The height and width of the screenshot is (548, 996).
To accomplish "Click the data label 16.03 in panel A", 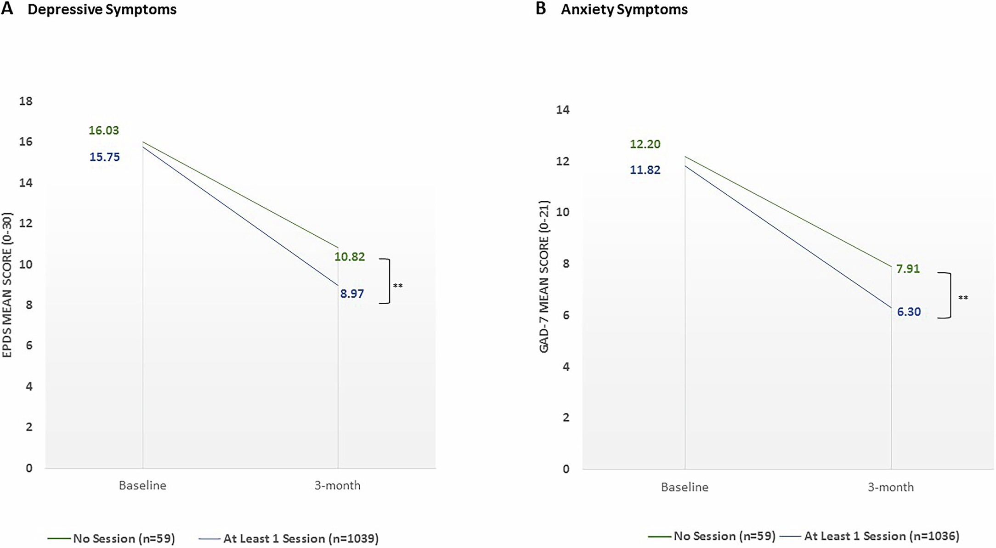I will point(103,130).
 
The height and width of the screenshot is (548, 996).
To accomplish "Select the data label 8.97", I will point(352,294).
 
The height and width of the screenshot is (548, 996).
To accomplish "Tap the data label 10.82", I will point(350,257).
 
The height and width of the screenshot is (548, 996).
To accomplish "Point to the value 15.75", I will point(104,157).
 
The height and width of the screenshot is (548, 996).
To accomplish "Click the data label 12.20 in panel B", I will point(645,144).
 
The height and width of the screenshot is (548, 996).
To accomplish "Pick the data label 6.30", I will point(909,312).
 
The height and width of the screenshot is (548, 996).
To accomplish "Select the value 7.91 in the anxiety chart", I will point(908,269).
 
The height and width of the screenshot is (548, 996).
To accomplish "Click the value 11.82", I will point(645,170).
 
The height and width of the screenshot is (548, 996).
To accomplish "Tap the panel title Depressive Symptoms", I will point(102,10).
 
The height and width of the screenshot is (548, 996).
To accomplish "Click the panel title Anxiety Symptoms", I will point(624,10).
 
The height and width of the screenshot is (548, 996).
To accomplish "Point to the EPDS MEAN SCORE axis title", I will point(7,285).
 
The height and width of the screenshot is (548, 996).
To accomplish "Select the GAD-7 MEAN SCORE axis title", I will point(544,277).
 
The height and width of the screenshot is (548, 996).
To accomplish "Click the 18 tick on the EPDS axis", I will point(26,101).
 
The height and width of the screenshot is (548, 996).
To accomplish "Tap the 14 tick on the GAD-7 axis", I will point(563,110).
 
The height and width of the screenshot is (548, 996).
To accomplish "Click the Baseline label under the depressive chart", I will point(142,486).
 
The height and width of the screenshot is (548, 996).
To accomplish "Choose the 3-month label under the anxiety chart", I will point(890,487).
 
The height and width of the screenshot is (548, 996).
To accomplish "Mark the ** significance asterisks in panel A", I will point(398,286).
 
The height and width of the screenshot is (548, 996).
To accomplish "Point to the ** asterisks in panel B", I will point(963,298).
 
